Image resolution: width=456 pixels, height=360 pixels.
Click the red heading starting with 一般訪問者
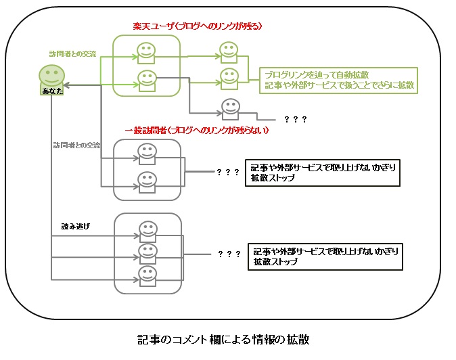pyautogui.click(x=198, y=129)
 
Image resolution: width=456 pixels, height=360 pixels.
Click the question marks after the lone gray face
pyautogui.click(x=296, y=119)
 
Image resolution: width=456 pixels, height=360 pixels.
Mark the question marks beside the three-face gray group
pyautogui.click(x=229, y=254)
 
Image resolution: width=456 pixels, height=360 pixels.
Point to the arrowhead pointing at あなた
pyautogui.click(x=68, y=85)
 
